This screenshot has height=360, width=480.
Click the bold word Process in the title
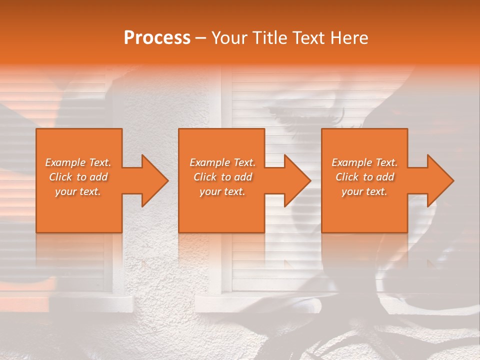point(157,38)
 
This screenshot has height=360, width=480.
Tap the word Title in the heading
point(268,38)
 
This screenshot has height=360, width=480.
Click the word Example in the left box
point(65,162)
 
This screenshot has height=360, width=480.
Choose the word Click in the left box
point(60,177)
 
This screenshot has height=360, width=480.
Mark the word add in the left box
point(99,177)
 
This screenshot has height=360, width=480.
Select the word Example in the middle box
point(209,162)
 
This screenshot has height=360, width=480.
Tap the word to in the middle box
point(226,177)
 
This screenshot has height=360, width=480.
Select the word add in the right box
point(385,177)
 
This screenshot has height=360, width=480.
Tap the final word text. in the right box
point(376,191)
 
